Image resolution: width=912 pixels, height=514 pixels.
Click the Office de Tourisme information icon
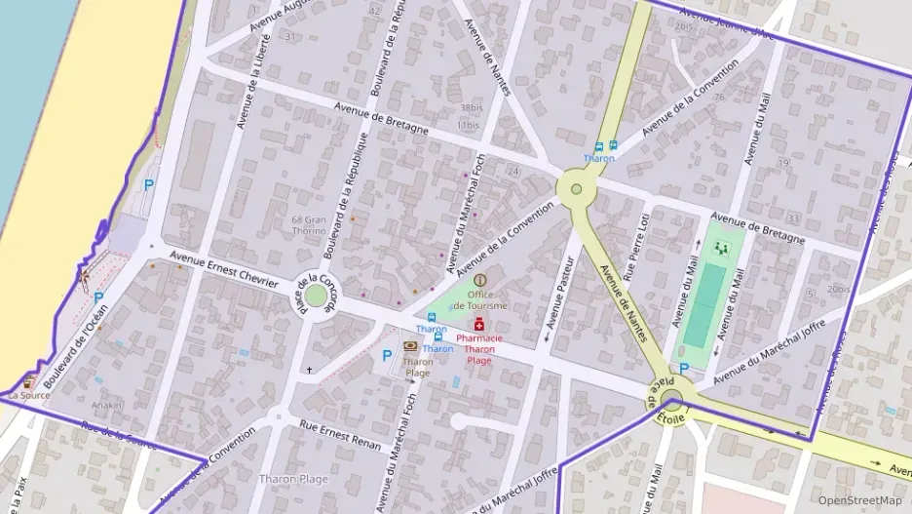(x=479, y=280)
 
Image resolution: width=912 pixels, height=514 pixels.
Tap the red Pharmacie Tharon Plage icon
(x=479, y=324)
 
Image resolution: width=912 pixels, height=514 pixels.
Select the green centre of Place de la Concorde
(x=316, y=295)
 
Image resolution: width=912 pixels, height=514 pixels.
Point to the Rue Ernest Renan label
(x=340, y=433)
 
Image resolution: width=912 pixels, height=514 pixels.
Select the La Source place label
(x=28, y=396)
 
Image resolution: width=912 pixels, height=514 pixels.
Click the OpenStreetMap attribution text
(x=859, y=500)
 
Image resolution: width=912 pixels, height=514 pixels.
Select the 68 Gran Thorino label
(x=309, y=225)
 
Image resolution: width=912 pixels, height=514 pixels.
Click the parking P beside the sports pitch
(x=684, y=368)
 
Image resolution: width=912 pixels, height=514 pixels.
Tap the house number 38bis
(x=471, y=108)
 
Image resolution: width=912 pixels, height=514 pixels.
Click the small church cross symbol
(x=310, y=371)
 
